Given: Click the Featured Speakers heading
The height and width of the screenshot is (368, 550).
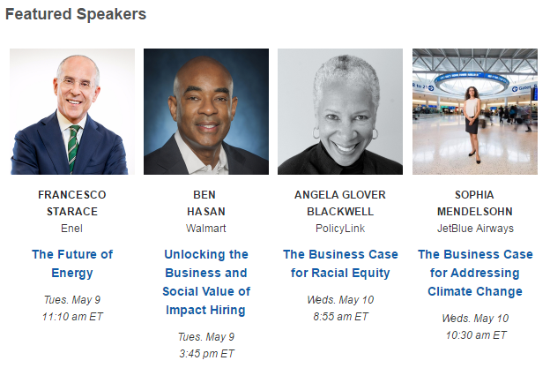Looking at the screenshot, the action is tap(76, 14).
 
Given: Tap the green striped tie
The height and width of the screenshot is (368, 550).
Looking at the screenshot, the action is tap(73, 148).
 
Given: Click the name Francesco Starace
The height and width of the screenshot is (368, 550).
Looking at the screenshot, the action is tap(72, 203).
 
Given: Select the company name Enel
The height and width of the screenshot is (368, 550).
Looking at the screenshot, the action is tap(72, 229).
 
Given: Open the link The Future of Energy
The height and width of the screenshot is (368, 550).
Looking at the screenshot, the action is tap(72, 263).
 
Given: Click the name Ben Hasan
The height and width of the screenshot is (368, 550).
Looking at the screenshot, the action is tap(206, 203).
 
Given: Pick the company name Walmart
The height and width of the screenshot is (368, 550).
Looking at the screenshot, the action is tap(206, 229).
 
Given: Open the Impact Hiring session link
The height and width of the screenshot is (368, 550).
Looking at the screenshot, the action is tap(206, 282).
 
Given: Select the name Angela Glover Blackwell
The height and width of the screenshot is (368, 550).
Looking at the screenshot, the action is tap(340, 203).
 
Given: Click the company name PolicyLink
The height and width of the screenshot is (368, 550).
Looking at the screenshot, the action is tap(340, 229).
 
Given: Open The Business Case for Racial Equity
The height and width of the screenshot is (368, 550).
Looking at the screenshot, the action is tap(340, 263).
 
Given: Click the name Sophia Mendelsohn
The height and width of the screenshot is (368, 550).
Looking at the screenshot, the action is tap(475, 203).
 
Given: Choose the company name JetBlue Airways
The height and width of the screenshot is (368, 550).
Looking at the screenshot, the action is tap(475, 229).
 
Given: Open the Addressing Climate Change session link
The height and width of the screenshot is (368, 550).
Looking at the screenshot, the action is tap(475, 273).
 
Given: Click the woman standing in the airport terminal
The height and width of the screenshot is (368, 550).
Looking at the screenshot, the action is tap(472, 123).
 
